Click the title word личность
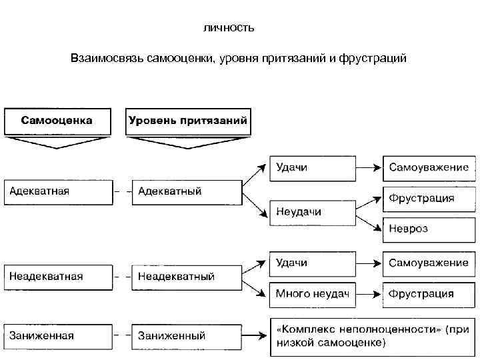228,29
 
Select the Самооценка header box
57,121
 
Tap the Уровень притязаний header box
188,121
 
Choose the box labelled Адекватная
59,192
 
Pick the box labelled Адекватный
187,192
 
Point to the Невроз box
430,229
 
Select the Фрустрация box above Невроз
430,198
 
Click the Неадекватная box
59,276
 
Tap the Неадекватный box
187,276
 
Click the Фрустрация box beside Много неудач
430,293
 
